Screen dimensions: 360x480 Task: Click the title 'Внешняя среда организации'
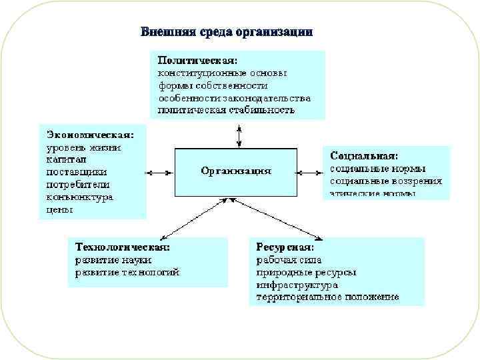[226, 32]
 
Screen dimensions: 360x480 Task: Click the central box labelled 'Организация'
[236, 171]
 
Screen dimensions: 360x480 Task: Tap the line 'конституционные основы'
[223, 73]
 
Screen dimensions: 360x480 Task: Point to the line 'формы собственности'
[213, 85]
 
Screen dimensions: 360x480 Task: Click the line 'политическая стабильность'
[226, 110]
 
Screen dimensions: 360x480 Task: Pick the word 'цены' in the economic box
[60, 209]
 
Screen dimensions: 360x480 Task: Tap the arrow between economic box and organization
[161, 173]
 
